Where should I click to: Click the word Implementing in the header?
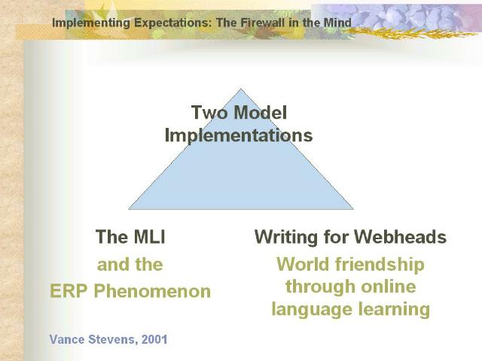pyautogui.click(x=91, y=23)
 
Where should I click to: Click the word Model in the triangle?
pyautogui.click(x=260, y=112)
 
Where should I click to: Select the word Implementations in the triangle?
pyautogui.click(x=239, y=135)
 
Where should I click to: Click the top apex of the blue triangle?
pyautogui.click(x=241, y=89)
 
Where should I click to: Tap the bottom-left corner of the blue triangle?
pyautogui.click(x=129, y=209)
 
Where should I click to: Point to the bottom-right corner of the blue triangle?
pyautogui.click(x=353, y=209)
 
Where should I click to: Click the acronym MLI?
pyautogui.click(x=149, y=237)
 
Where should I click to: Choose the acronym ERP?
pyautogui.click(x=69, y=291)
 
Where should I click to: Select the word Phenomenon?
pyautogui.click(x=152, y=291)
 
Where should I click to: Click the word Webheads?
pyautogui.click(x=400, y=237)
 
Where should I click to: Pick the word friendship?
pyautogui.click(x=380, y=265)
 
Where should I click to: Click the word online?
pyautogui.click(x=389, y=287)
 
